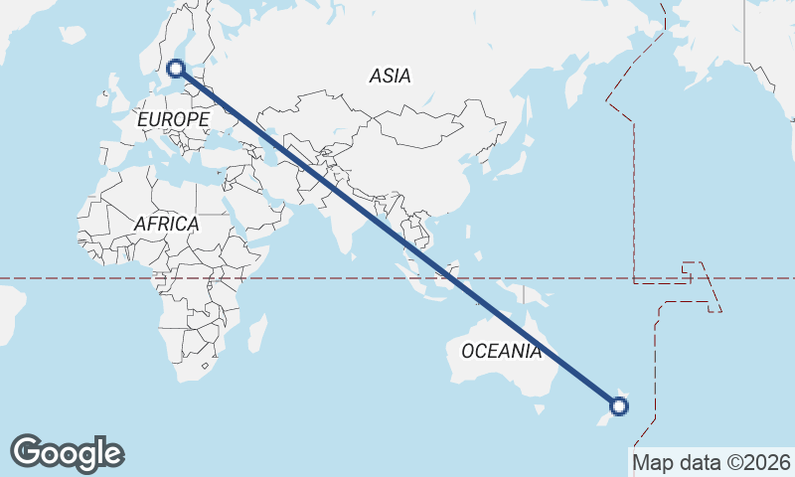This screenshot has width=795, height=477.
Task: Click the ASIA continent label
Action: (390, 76)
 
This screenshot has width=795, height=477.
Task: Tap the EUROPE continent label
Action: (173, 120)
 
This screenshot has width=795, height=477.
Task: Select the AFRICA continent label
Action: (166, 224)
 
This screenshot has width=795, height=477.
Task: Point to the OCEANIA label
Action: (502, 351)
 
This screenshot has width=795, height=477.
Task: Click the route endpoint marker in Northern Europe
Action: (176, 69)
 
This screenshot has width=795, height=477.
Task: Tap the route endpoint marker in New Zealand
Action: (619, 405)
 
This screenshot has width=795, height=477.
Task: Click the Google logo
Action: (67, 452)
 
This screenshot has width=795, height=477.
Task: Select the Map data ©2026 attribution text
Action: (711, 462)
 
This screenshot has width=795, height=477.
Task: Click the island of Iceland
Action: (72, 35)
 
